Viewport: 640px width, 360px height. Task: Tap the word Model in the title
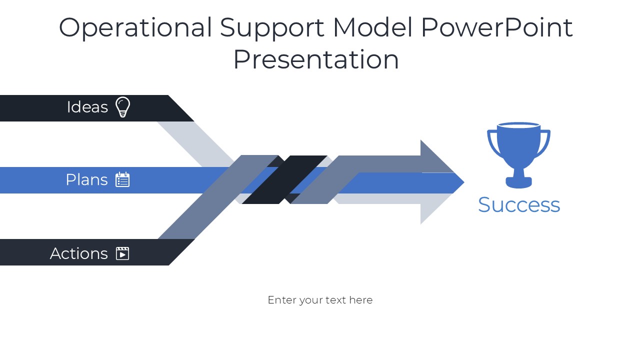372,27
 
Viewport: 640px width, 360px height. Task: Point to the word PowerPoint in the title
497,27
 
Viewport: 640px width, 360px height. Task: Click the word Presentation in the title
316,59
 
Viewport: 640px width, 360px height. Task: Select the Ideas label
87,107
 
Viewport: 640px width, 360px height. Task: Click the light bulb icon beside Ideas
123,107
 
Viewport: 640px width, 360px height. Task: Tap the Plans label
87,179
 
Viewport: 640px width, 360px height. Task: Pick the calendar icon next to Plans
122,179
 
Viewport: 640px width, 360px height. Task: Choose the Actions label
79,253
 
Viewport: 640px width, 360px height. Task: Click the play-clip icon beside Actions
122,253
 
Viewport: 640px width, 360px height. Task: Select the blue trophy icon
518,155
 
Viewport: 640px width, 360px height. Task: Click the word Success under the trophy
519,205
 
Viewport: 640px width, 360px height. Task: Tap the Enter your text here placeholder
320,300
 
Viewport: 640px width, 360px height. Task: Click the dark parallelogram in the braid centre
284,179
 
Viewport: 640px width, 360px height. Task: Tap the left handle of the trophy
493,143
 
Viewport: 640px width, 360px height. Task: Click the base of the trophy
518,182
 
